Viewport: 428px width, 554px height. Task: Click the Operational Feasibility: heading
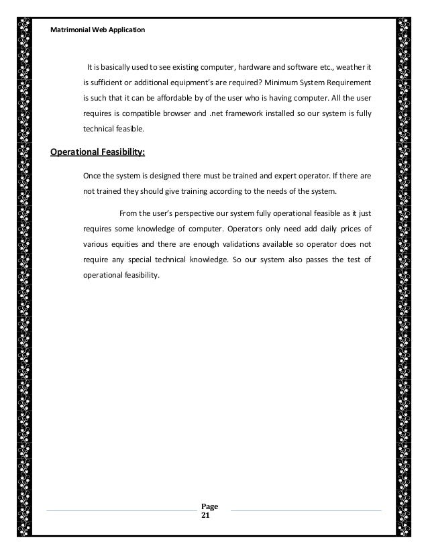coord(97,152)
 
